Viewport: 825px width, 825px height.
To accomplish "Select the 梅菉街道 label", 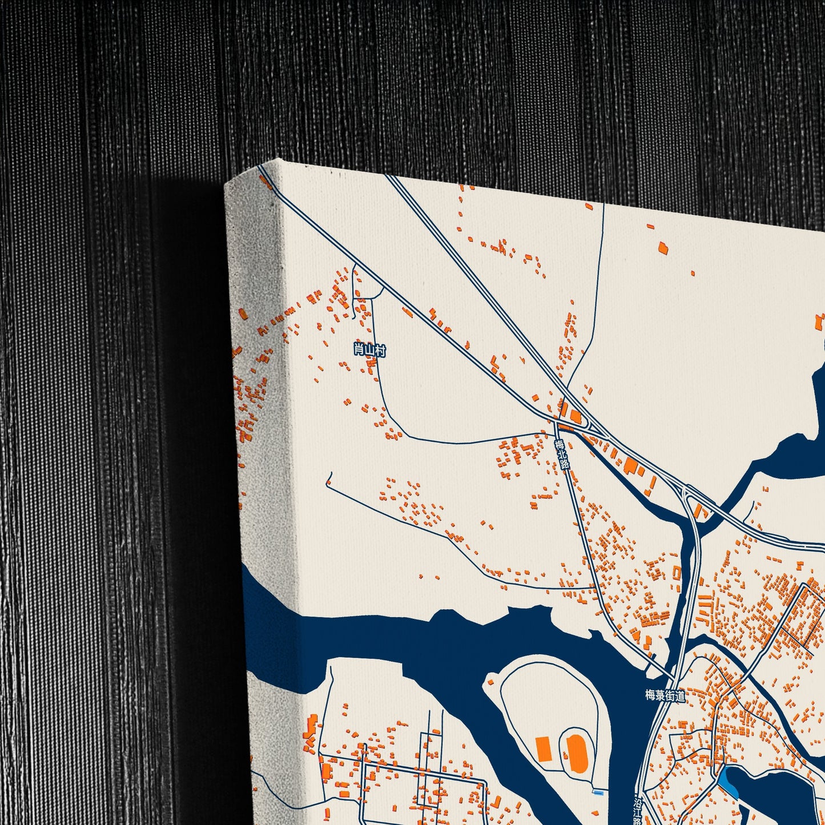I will (x=665, y=695).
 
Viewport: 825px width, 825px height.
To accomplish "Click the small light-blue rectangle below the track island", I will (x=598, y=792).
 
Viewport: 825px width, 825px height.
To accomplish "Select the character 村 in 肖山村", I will (x=380, y=350).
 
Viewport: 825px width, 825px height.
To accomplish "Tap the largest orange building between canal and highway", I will (x=630, y=465).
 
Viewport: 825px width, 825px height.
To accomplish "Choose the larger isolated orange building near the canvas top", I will (x=663, y=248).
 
